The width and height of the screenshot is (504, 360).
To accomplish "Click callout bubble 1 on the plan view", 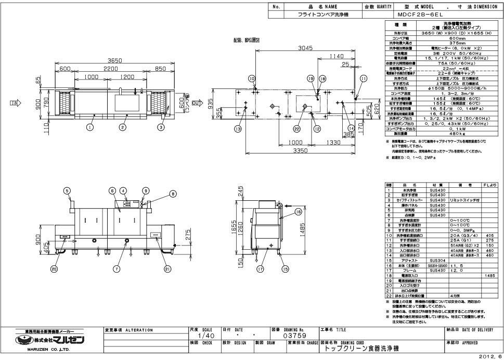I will point(90,126).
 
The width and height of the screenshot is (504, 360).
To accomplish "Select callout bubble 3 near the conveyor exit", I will point(161,126).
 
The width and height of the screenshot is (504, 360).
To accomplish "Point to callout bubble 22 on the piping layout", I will point(296,128).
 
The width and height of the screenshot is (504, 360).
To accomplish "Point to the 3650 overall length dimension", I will point(114,61).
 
